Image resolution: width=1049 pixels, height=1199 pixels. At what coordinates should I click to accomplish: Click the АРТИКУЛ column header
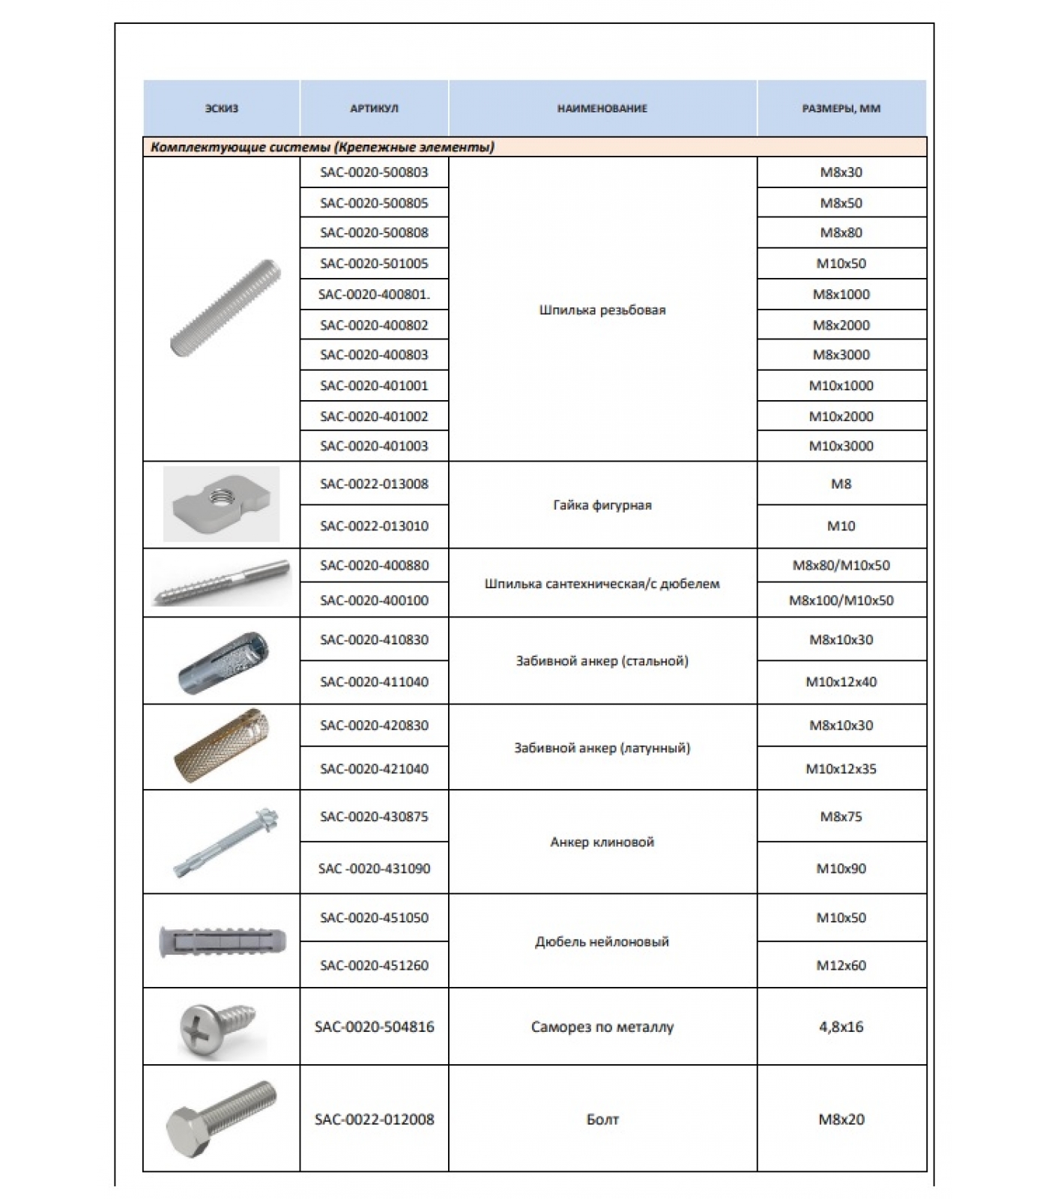374,109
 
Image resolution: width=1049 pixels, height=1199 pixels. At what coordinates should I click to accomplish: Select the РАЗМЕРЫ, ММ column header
841,109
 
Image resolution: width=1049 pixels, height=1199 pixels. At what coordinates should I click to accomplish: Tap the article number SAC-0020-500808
374,233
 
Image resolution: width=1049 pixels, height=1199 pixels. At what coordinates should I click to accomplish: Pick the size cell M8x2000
841,325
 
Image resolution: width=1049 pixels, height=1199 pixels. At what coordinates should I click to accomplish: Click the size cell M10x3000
841,446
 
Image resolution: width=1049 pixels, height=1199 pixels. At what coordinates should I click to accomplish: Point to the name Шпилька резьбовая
602,310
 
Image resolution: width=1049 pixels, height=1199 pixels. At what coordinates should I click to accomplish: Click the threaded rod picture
225,309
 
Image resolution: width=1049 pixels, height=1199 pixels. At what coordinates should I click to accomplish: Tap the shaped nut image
221,504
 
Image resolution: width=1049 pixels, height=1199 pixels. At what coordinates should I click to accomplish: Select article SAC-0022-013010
374,526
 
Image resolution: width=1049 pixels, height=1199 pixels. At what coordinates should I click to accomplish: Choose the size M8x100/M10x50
841,600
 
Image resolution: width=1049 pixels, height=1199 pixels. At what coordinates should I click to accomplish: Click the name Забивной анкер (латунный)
602,748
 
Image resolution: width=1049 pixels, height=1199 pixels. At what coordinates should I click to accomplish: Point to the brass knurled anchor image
221,746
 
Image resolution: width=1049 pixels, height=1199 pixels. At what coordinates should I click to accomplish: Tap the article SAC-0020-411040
374,682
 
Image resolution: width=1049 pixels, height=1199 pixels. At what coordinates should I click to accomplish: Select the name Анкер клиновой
602,842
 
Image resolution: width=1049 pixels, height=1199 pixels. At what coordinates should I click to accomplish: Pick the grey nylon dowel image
223,941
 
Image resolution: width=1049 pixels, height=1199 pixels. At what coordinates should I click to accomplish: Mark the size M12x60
841,966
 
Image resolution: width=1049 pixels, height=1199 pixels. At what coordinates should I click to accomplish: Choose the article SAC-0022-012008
374,1120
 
